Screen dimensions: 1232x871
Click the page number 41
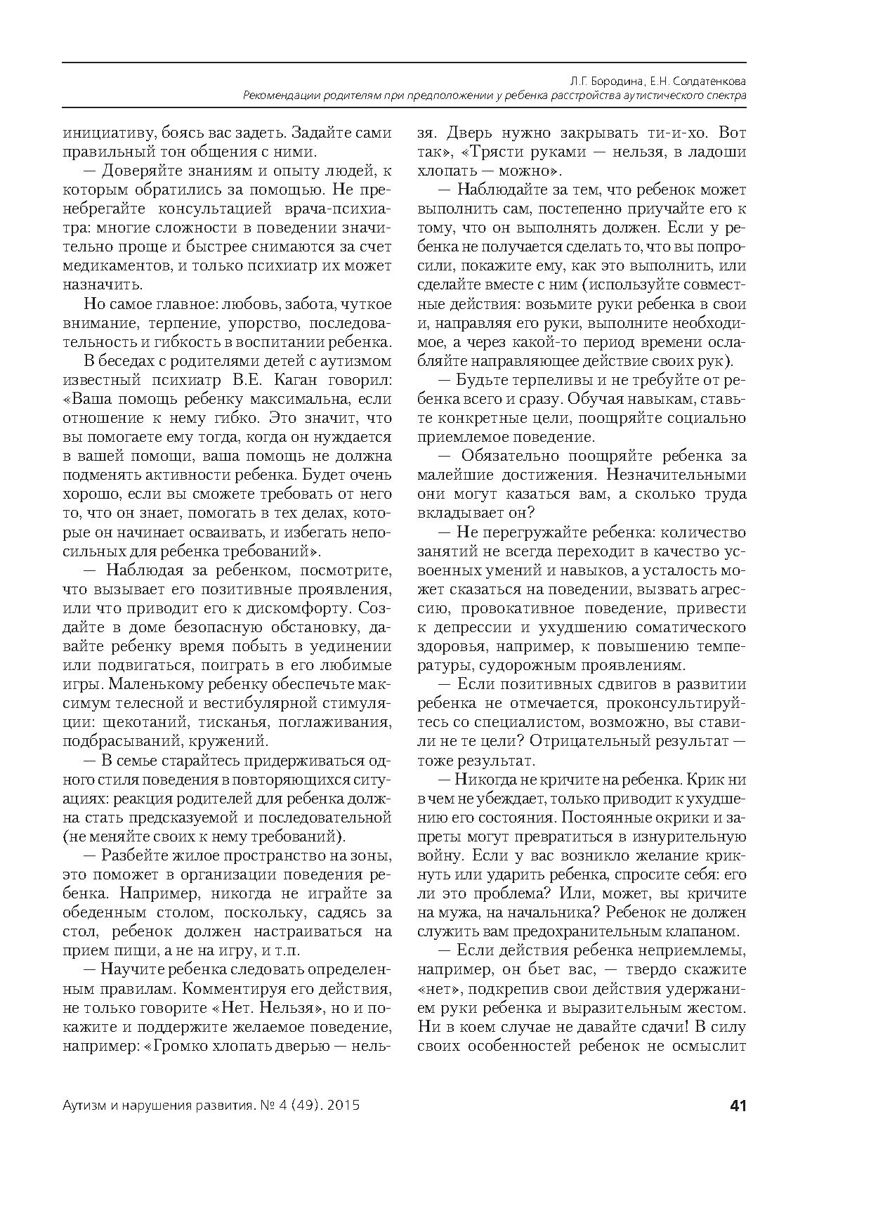click(738, 1106)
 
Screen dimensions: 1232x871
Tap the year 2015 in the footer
click(343, 1106)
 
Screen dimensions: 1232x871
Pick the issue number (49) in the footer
click(303, 1106)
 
